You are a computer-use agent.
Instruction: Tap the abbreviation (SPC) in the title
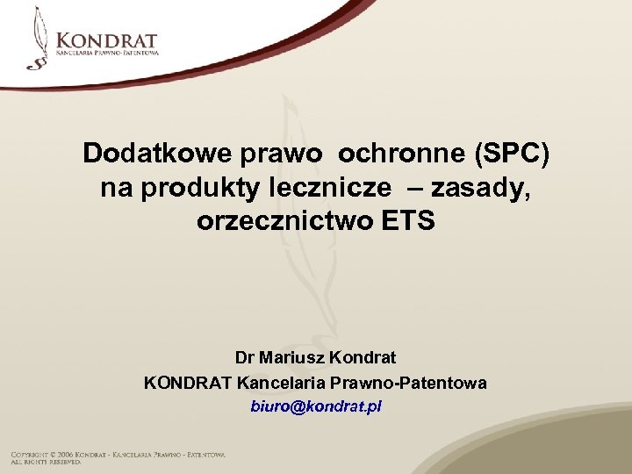point(512,154)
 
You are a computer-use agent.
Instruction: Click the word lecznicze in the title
point(307,187)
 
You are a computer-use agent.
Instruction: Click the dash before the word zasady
point(395,187)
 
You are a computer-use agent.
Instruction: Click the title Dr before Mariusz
point(245,358)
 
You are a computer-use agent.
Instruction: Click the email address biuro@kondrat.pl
point(315,407)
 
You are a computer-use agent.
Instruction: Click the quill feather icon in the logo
point(38,39)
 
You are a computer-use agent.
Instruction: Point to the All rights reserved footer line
point(47,462)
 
